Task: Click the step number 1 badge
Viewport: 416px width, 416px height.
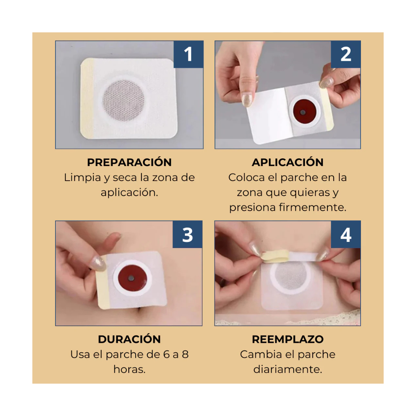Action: tap(188, 54)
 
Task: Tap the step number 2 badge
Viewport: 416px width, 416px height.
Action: tap(346, 54)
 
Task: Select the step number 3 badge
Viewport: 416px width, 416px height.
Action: tap(187, 235)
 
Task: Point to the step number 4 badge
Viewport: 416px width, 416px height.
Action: tap(346, 235)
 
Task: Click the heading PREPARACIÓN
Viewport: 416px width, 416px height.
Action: tap(129, 162)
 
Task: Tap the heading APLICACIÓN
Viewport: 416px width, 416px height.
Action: tap(288, 162)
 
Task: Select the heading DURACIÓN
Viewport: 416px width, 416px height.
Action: tap(129, 339)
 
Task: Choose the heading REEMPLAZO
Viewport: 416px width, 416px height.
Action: tap(288, 339)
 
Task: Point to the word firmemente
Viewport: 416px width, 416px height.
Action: tap(312, 207)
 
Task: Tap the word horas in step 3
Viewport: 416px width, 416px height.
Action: tap(128, 369)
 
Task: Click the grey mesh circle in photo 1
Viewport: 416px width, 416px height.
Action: tap(124, 101)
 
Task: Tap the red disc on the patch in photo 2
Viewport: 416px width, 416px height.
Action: tap(304, 111)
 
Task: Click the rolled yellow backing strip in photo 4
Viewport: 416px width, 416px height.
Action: tap(275, 257)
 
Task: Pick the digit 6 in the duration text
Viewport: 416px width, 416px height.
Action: tap(166, 354)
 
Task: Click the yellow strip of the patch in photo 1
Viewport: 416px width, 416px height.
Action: tap(87, 99)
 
